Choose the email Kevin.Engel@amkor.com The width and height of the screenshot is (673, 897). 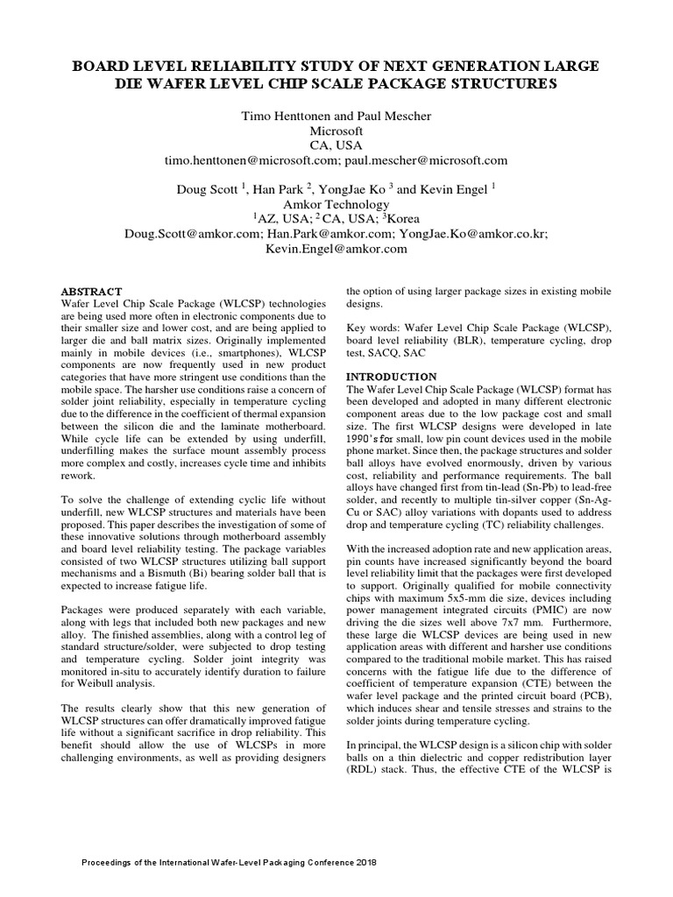pyautogui.click(x=336, y=249)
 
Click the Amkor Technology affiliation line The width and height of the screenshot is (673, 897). pyautogui.click(x=336, y=204)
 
